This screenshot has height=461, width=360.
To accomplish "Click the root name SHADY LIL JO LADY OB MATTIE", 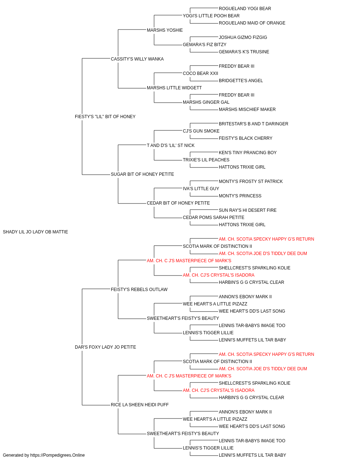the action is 35,232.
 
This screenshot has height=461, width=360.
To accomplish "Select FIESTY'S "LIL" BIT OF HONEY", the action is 105,117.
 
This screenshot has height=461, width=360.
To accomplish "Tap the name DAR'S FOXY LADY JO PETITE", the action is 105,347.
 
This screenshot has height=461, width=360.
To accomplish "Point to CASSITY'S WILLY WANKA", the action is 137,59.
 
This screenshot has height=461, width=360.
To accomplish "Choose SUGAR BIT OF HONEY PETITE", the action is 142,174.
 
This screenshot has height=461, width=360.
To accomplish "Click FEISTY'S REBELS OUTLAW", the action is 139,290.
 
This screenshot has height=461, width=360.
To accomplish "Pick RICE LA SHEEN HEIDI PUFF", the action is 140,405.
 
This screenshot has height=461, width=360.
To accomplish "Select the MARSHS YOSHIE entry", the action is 165,30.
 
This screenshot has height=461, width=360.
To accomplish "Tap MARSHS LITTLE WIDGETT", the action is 174,88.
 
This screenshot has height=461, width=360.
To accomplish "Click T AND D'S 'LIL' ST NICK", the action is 171,146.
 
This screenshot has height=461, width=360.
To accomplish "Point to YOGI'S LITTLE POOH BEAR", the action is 211,16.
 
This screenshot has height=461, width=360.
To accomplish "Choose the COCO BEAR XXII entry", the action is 201,73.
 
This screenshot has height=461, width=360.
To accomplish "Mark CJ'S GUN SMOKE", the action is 201,131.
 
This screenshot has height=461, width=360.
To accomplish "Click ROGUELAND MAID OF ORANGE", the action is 252,23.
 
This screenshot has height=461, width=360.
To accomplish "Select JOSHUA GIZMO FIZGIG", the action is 243,37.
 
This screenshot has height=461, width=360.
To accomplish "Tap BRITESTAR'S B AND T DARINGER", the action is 253,124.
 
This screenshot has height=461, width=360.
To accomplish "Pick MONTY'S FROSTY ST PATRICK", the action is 251,182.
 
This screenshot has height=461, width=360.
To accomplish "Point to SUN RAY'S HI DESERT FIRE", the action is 248,210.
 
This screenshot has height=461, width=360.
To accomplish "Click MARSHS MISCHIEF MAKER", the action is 247,109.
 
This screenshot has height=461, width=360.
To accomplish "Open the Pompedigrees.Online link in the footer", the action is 58,455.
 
